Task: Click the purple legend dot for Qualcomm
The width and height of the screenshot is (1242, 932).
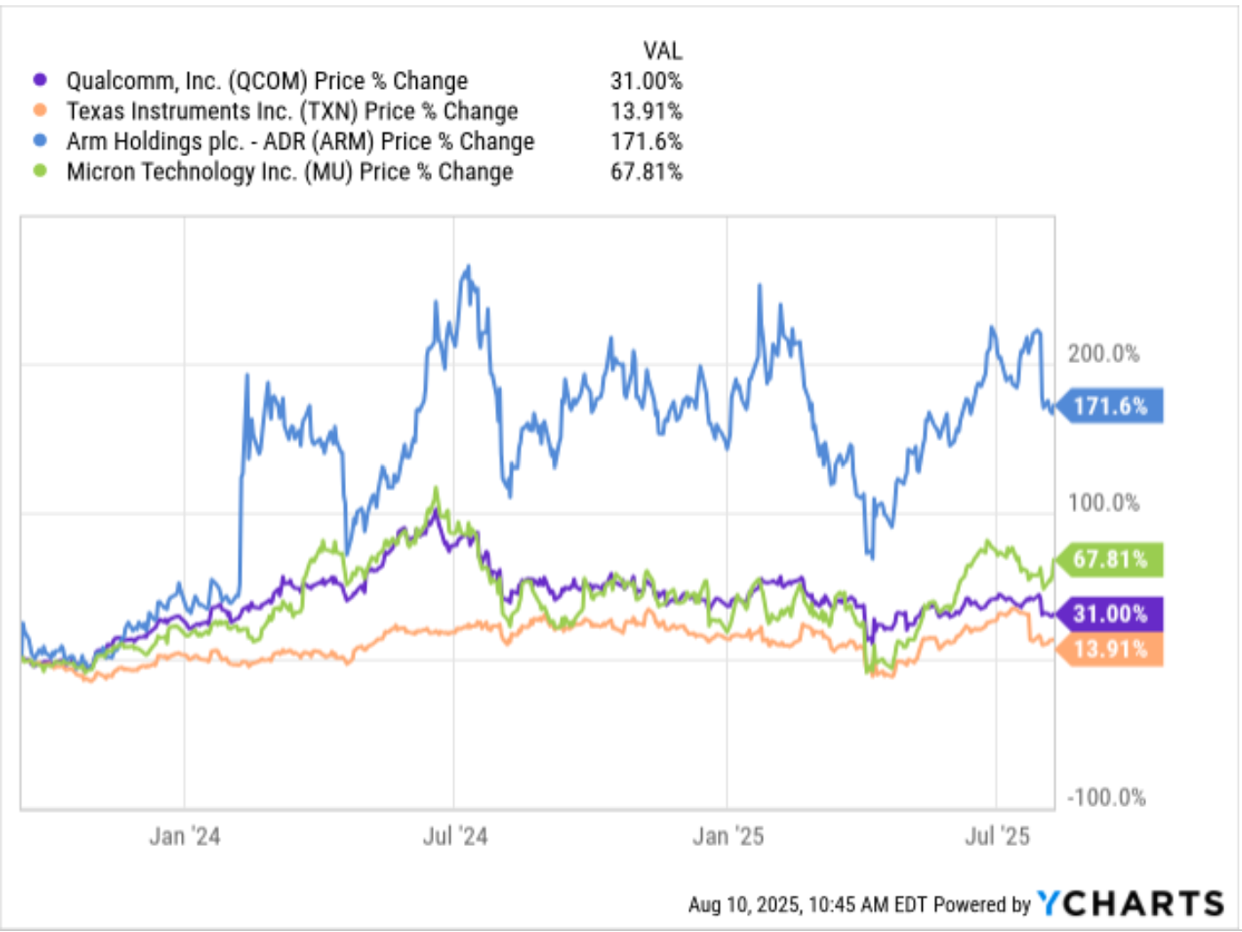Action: click(39, 80)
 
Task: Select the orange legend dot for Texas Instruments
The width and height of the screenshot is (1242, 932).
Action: click(39, 111)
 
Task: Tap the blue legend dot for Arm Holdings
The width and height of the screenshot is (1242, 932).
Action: click(39, 141)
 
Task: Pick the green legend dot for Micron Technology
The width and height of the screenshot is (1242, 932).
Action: click(39, 171)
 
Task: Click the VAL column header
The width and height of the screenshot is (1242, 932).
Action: click(663, 51)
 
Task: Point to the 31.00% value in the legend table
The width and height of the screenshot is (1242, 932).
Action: click(646, 81)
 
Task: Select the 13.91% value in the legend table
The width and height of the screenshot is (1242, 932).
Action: click(646, 111)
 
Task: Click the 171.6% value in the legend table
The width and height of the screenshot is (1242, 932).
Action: click(646, 141)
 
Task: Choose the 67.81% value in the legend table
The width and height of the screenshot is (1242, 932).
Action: click(646, 171)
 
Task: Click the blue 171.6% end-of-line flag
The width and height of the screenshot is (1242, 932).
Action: click(1111, 407)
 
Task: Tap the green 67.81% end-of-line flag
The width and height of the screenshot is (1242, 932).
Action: click(1111, 559)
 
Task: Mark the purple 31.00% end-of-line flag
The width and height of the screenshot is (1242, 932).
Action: click(1111, 613)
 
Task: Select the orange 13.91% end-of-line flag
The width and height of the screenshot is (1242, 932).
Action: click(1111, 650)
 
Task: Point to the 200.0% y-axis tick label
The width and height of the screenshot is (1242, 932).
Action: click(1104, 353)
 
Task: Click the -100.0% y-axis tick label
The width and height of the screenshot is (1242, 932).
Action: click(1106, 797)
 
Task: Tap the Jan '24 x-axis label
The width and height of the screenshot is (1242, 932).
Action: click(185, 836)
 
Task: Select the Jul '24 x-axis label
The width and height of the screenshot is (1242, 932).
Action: click(455, 836)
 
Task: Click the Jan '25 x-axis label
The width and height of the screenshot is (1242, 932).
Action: click(727, 836)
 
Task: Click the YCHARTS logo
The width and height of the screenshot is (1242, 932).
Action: click(1131, 904)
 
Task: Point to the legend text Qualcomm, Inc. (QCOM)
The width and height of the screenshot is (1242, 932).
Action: click(186, 81)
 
